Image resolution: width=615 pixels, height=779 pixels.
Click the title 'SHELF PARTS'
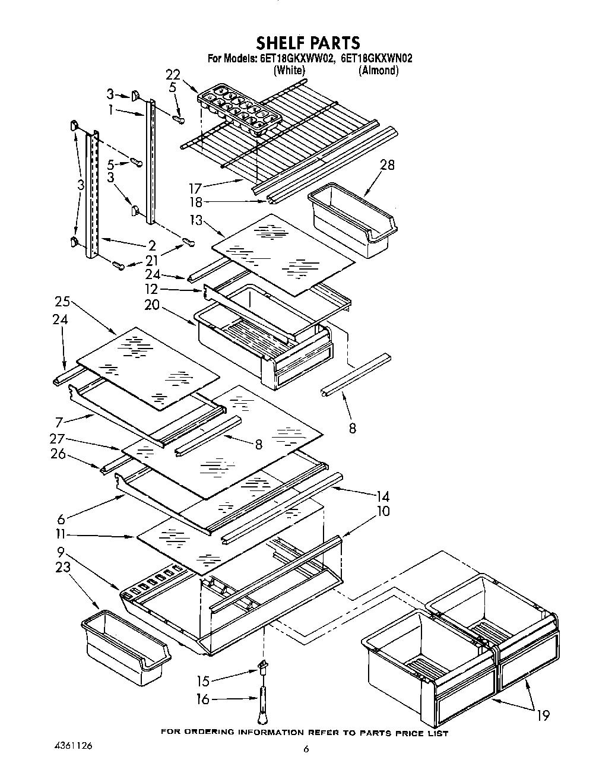(x=307, y=42)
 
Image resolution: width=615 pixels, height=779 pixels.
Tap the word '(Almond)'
(x=378, y=70)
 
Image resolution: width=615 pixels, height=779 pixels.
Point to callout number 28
(x=387, y=164)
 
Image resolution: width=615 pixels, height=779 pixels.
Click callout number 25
(x=62, y=302)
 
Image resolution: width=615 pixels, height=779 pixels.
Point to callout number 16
(x=203, y=699)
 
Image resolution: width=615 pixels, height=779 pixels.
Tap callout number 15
(x=203, y=680)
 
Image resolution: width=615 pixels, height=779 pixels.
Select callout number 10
(x=383, y=511)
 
